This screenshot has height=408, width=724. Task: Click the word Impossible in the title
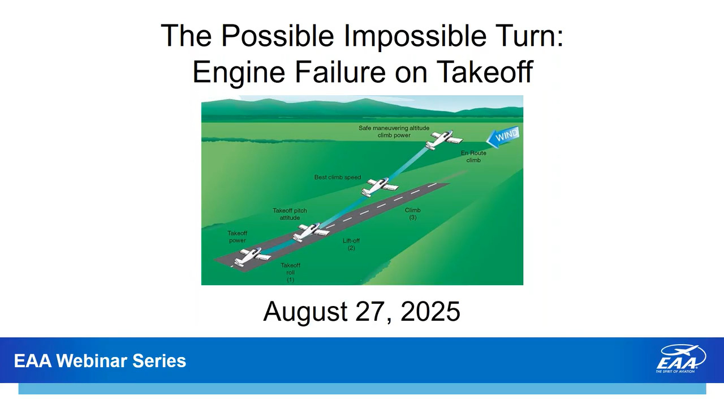pyautogui.click(x=415, y=36)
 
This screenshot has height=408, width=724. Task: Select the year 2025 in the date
pyautogui.click(x=430, y=311)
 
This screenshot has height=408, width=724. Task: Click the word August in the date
pyautogui.click(x=305, y=312)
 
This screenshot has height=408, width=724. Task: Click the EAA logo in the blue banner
pyautogui.click(x=680, y=359)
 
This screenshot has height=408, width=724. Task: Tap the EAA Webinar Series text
pyautogui.click(x=100, y=361)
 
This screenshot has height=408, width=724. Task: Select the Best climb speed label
pyautogui.click(x=338, y=177)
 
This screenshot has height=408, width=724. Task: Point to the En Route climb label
pyautogui.click(x=473, y=156)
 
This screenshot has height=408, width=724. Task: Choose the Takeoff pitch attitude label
pyautogui.click(x=290, y=214)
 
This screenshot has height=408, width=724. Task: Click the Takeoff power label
pyautogui.click(x=237, y=237)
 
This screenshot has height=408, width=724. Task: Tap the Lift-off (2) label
pyautogui.click(x=351, y=244)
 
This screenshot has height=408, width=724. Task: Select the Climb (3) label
pyautogui.click(x=413, y=214)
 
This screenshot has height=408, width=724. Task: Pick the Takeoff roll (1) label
pyautogui.click(x=290, y=273)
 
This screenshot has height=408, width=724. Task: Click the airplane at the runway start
pyautogui.click(x=252, y=257)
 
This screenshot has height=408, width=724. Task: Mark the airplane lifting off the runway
pyautogui.click(x=311, y=232)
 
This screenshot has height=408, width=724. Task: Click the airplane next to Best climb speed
pyautogui.click(x=380, y=187)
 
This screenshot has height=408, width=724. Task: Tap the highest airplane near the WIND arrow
pyautogui.click(x=444, y=139)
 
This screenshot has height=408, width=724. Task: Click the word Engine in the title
pyautogui.click(x=239, y=73)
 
